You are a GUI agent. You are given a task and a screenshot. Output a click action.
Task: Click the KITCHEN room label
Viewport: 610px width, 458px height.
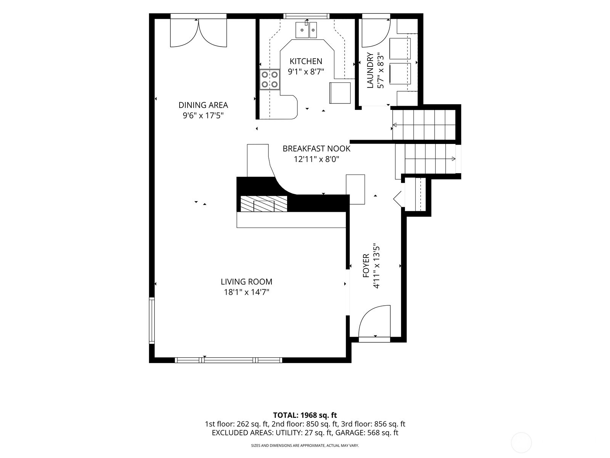click(x=306, y=61)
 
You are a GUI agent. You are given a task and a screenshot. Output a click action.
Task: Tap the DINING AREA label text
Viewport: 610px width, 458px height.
click(x=203, y=105)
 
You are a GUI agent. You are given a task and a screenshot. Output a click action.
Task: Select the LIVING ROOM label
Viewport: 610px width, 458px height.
click(x=247, y=282)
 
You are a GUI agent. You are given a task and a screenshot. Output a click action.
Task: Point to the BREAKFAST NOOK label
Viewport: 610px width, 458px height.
click(x=316, y=149)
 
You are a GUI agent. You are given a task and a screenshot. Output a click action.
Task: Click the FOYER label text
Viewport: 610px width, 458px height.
click(x=366, y=266)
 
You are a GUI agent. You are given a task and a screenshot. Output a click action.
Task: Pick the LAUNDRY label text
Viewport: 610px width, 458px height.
click(x=370, y=70)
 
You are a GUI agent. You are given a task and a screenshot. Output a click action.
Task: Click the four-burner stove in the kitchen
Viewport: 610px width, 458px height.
click(x=270, y=79)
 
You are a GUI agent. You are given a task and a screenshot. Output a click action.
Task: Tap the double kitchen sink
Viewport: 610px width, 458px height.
click(x=306, y=29)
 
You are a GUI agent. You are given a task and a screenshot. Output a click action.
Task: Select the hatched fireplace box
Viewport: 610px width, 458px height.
click(x=264, y=203)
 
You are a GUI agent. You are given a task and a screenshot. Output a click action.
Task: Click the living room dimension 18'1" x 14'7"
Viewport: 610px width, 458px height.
click(x=247, y=292)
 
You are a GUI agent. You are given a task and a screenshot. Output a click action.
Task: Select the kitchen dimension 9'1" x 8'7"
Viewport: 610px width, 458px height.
click(x=306, y=72)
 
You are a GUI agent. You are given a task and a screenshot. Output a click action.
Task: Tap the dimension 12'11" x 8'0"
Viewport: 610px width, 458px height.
click(x=316, y=159)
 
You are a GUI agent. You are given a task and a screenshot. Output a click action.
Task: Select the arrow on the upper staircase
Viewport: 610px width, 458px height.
click(x=424, y=125)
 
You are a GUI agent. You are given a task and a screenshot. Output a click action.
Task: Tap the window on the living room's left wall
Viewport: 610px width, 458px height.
click(x=152, y=320)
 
